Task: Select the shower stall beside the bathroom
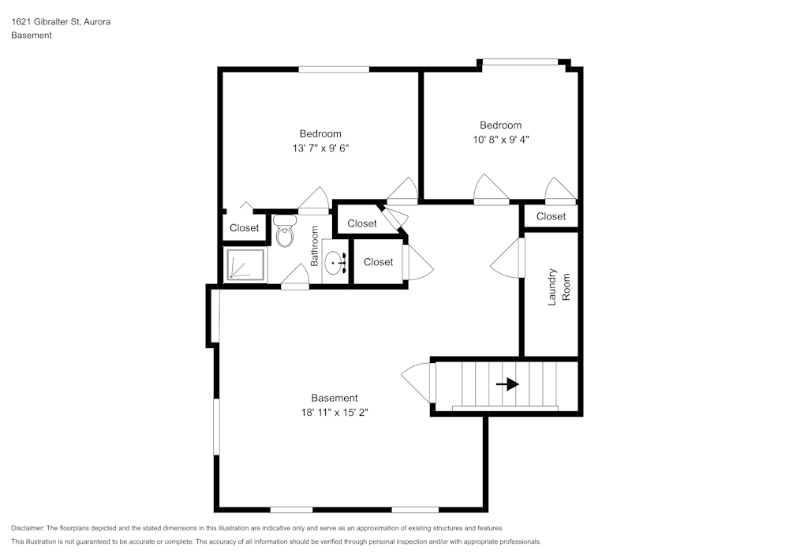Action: coord(245,264)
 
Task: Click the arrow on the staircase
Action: coord(509,384)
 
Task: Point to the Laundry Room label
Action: coord(559,287)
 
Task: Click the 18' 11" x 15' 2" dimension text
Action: coord(335,412)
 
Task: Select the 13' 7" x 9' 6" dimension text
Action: coord(320,148)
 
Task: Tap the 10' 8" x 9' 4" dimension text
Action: coord(500,139)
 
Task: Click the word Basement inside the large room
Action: coord(335,398)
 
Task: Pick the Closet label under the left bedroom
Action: coord(244,228)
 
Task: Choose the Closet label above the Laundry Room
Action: coord(551,216)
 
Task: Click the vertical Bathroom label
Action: coord(314,245)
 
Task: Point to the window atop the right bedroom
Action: coord(520,62)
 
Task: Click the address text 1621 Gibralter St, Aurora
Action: coord(61,22)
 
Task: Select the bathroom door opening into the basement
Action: coord(295,278)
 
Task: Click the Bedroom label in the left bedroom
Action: coord(320,133)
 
